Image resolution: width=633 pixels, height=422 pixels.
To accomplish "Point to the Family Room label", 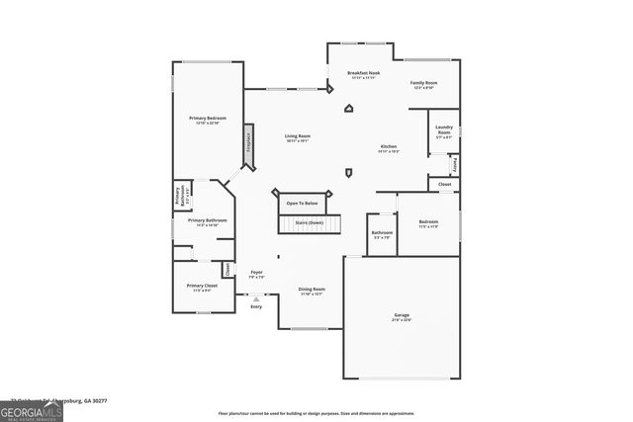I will coord(424,83).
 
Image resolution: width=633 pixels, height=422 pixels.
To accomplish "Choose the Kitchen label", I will coord(388,148).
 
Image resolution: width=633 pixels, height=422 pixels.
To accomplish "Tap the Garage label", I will coord(402,316).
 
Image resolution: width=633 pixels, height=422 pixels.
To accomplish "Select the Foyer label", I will coord(256,273).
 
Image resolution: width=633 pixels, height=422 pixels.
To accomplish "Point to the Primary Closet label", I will coord(201,287).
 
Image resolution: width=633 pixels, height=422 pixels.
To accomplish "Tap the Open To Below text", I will coord(302,204).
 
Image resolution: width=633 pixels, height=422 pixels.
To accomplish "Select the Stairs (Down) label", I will coord(309,223).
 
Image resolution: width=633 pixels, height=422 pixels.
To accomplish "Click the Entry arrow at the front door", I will coord(256,298).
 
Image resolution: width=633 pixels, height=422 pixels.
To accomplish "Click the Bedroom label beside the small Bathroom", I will coord(428,222).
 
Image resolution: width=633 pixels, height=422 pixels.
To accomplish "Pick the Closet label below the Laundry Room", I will coord(445,184).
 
